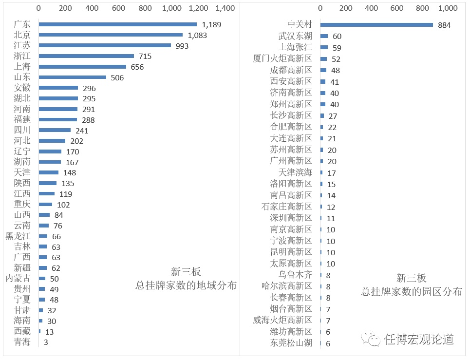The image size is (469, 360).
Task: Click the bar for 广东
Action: tap(117, 24)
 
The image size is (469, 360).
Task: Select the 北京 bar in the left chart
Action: tap(111, 35)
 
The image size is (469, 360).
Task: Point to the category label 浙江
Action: tap(22, 56)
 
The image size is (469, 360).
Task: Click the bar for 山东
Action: tap(72, 77)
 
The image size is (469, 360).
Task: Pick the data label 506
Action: tap(117, 78)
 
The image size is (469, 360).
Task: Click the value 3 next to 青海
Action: tap(46, 342)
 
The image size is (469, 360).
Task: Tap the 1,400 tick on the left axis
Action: tap(225, 8)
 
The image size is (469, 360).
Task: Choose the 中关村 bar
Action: tap(376, 25)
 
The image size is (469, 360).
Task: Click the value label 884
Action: tap(444, 25)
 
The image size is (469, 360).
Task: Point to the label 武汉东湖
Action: tap(295, 36)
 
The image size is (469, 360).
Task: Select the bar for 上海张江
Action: tap(324, 47)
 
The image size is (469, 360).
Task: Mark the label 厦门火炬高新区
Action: tap(282, 59)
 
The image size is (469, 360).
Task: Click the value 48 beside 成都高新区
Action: tap(336, 71)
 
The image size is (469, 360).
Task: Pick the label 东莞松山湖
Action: tap(291, 343)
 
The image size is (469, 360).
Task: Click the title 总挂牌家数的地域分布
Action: tap(186, 285)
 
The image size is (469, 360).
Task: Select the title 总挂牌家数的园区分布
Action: tap(411, 292)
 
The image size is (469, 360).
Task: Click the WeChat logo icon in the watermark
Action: tap(374, 339)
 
